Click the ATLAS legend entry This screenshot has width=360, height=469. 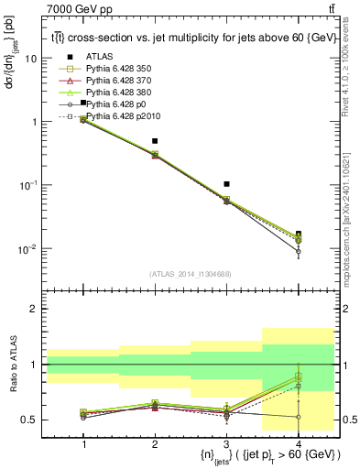tap(98, 58)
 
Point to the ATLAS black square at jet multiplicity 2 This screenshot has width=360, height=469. tap(155, 141)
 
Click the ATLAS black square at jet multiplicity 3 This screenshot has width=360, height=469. tap(226, 184)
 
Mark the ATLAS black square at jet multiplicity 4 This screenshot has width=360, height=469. tap(298, 234)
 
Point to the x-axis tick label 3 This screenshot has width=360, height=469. tap(226, 443)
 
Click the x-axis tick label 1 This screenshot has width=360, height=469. tap(83, 443)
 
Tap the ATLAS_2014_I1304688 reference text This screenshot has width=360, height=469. tap(191, 273)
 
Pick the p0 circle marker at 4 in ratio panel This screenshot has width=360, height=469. tap(298, 417)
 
